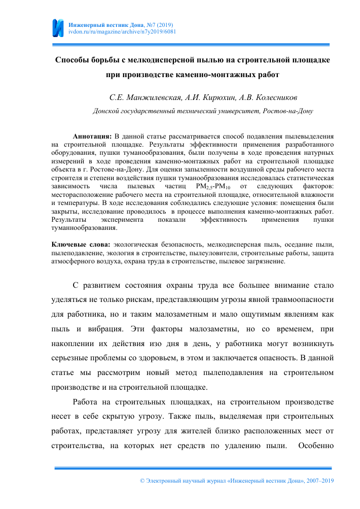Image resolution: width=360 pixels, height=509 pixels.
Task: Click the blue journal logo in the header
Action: coord(59,28)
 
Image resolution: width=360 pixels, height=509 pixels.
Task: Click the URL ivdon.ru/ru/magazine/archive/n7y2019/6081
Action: coord(122,31)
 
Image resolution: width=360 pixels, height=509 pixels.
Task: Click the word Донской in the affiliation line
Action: coord(105,110)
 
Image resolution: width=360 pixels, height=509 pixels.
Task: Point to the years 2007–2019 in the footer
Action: coord(316,480)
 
